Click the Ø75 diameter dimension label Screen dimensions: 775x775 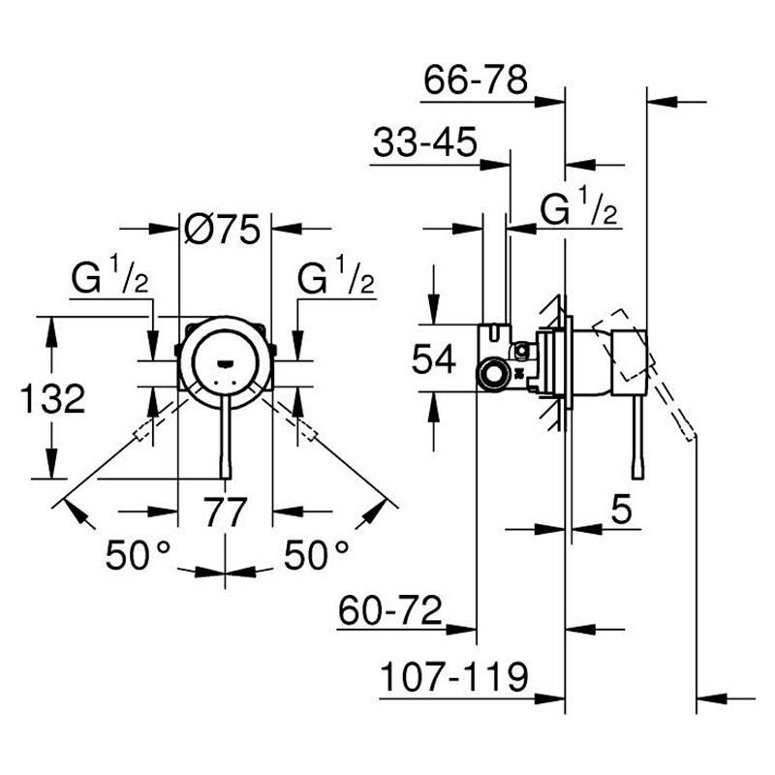pyautogui.click(x=223, y=230)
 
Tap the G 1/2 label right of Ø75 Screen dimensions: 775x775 pyautogui.click(x=336, y=280)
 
